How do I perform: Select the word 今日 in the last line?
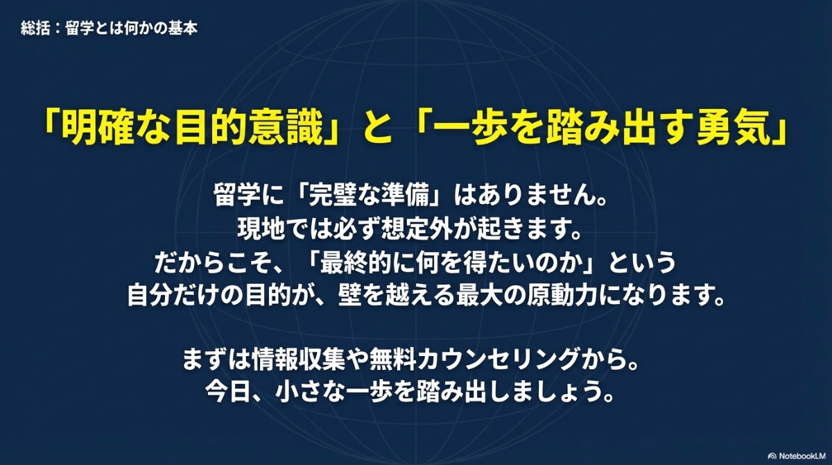coord(240,394)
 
